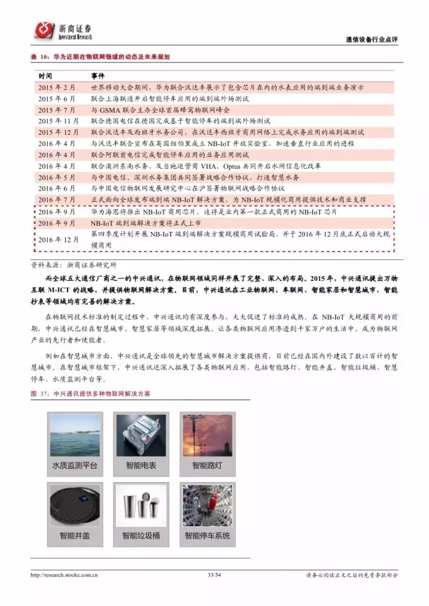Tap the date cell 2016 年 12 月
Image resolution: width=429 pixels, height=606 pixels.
click(x=58, y=239)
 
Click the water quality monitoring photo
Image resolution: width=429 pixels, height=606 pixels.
click(x=74, y=433)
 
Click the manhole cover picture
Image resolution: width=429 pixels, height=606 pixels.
click(x=74, y=503)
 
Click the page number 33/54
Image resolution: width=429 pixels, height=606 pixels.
click(x=214, y=574)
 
